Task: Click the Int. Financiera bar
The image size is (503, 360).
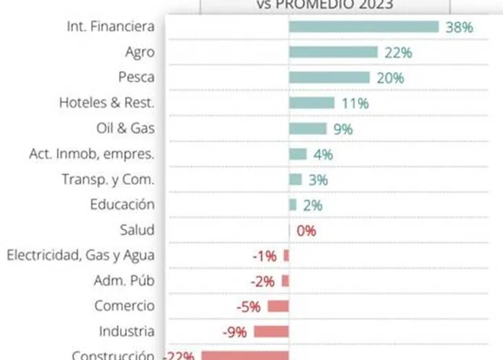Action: (363, 27)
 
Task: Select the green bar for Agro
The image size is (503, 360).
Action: (333, 52)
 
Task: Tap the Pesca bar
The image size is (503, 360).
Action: (329, 77)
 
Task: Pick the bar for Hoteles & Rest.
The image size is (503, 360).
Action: (311, 103)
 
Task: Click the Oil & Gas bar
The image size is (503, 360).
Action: (307, 128)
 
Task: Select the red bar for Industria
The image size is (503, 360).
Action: (271, 332)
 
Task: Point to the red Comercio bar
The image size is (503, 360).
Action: (278, 306)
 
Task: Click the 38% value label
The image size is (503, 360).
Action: (459, 28)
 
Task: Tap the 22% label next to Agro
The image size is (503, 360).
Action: (398, 52)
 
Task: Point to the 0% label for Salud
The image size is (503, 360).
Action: (306, 230)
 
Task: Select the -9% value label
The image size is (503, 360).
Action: (234, 332)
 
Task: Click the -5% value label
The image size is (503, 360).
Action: (247, 307)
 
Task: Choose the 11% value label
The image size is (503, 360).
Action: (355, 103)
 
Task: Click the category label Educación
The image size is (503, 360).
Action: (122, 205)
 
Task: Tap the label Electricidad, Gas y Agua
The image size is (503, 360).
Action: (81, 255)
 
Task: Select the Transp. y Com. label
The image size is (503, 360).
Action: (107, 179)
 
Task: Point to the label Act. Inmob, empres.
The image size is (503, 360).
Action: (92, 154)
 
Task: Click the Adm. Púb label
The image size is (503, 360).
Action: (123, 281)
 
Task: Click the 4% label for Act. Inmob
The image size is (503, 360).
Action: (322, 154)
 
